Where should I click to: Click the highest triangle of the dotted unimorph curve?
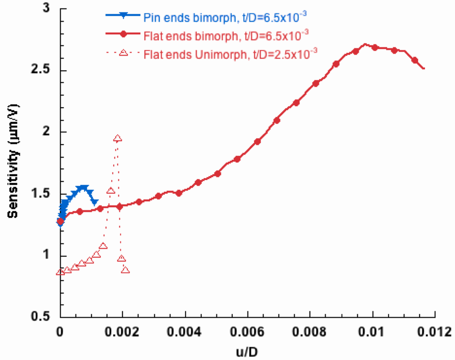click(x=117, y=139)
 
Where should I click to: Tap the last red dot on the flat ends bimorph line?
click(x=415, y=60)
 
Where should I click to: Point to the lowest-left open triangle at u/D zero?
click(x=60, y=272)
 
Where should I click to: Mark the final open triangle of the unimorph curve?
click(x=125, y=270)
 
